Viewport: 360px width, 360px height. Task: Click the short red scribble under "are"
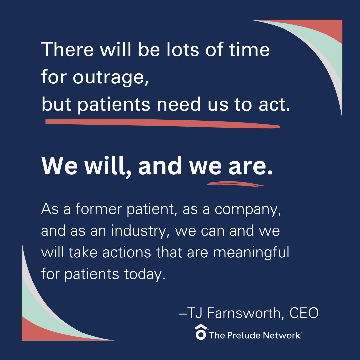235,184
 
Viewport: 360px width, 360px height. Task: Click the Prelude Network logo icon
200,332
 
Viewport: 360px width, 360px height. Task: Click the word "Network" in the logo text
284,335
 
